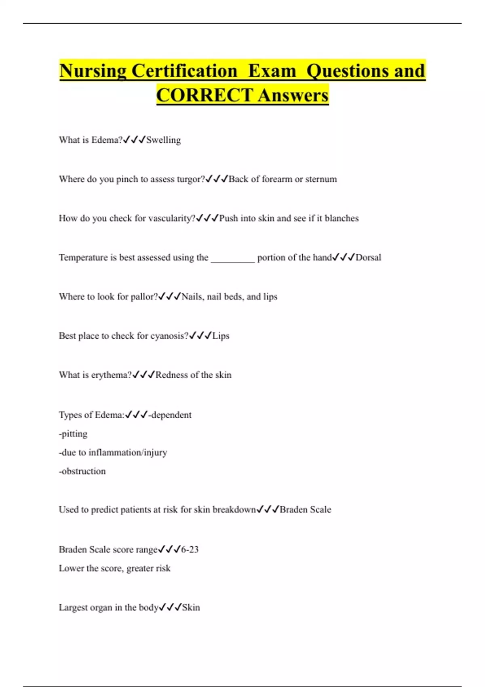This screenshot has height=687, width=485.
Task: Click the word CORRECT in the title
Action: coord(205,95)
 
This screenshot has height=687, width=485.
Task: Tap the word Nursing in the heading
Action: coord(93,71)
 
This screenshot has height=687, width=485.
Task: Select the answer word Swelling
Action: coord(163,140)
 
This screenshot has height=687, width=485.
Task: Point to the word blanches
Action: coord(342,218)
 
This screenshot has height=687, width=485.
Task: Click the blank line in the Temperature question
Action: coord(233,259)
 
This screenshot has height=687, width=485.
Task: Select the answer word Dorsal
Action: coord(368,257)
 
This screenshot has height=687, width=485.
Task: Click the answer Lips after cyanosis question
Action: coord(221,336)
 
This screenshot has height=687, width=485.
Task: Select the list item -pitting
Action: coord(73,434)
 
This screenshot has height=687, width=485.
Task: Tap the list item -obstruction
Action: coord(82,471)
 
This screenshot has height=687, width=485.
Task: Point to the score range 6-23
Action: coord(190,550)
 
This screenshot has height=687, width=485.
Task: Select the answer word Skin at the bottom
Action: coord(191,607)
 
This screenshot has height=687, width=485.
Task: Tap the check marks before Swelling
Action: coord(134,140)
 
